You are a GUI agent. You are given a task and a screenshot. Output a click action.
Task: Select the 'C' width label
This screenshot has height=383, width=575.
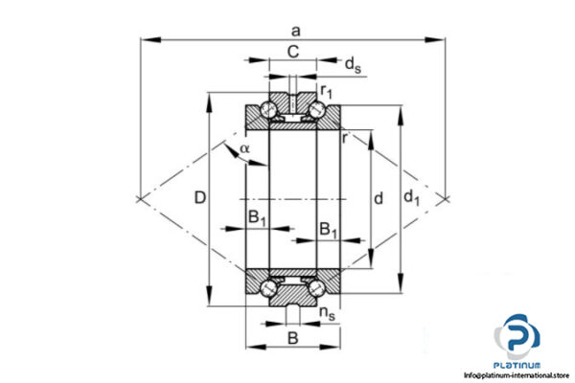(291, 55)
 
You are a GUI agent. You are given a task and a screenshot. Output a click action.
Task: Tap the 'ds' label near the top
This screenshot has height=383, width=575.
(353, 65)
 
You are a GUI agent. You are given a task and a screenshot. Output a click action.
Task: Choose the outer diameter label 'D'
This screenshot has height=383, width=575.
(198, 198)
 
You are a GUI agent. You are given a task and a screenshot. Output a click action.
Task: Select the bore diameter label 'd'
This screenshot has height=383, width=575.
(379, 198)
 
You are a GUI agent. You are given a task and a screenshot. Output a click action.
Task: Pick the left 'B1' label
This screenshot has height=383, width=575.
(257, 217)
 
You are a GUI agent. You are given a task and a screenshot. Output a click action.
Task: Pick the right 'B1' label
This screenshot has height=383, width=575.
(328, 230)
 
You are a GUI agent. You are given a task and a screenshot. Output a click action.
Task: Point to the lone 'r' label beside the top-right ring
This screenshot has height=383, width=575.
(343, 137)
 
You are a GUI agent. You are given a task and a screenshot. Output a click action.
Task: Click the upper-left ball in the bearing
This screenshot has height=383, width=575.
(272, 110)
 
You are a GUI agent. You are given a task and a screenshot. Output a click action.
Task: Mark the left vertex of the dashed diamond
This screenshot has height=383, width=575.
(141, 198)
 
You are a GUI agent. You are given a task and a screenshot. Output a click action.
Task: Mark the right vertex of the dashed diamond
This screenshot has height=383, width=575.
(445, 198)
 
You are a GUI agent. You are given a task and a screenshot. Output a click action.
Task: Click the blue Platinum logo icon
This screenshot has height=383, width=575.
(518, 336)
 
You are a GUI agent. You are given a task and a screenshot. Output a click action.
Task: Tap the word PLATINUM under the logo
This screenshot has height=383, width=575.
(518, 365)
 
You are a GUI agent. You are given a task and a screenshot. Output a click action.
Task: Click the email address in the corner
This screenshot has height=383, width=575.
(518, 375)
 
